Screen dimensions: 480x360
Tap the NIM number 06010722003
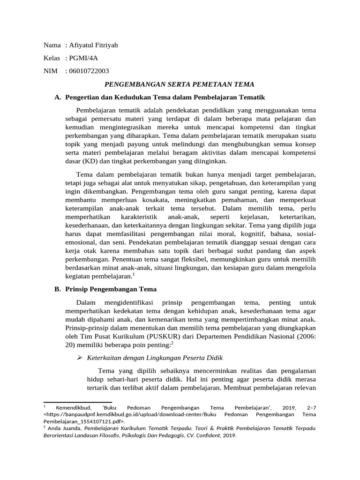point(89,71)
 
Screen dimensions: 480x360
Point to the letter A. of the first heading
point(58,97)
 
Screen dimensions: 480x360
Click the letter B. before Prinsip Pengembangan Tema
point(58,289)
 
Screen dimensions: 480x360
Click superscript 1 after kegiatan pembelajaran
point(133,274)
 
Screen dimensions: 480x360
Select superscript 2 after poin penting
point(172,343)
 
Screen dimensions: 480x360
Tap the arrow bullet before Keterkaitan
point(80,358)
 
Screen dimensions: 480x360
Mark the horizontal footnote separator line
point(77,402)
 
